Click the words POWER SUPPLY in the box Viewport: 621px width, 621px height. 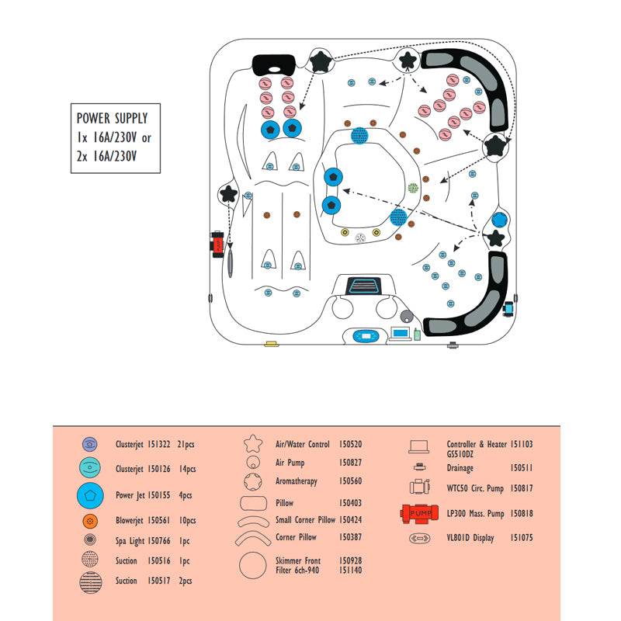(x=112, y=118)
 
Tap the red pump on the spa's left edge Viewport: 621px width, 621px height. (x=217, y=245)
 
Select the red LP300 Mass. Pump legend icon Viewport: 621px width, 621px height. (x=419, y=514)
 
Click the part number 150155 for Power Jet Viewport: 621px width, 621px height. (x=159, y=495)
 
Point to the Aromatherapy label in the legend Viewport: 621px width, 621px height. (x=297, y=481)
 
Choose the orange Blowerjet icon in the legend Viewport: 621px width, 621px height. (x=90, y=521)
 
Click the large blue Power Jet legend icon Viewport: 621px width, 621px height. (x=90, y=495)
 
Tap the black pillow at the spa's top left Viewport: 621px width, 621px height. (x=274, y=65)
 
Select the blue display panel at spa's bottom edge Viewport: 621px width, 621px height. (x=366, y=336)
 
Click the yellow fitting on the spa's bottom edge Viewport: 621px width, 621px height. (x=272, y=344)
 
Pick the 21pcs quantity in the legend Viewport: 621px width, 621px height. (x=186, y=444)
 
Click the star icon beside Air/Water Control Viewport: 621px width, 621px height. (x=253, y=443)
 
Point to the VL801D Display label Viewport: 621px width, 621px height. (x=470, y=538)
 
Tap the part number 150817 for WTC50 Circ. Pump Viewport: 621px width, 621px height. (x=521, y=488)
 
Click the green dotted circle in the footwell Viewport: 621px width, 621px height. (x=413, y=188)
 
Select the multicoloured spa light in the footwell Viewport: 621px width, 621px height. (x=360, y=238)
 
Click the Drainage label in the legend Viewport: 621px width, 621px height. (x=460, y=468)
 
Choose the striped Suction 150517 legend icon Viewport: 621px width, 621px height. (x=91, y=583)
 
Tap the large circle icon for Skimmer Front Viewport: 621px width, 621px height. (x=253, y=565)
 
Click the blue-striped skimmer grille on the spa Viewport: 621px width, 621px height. (x=363, y=286)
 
